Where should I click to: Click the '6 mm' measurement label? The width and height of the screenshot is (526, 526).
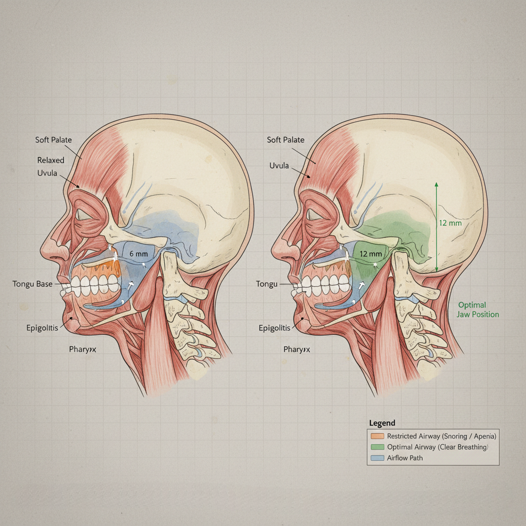click(x=138, y=253)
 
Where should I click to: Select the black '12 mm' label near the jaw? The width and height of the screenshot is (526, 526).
click(x=371, y=254)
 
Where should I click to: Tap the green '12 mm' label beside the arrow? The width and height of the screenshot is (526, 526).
click(x=450, y=223)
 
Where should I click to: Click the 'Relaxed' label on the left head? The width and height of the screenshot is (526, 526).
click(x=51, y=160)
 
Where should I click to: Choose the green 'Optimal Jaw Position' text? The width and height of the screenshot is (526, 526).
click(x=478, y=309)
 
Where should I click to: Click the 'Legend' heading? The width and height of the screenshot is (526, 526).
click(x=382, y=423)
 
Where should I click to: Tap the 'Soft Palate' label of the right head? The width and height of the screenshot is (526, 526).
click(x=286, y=140)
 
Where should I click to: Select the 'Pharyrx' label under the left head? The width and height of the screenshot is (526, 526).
click(x=83, y=349)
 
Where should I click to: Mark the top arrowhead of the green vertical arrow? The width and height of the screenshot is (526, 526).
click(x=436, y=183)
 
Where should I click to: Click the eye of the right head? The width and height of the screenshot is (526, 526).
click(x=315, y=215)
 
